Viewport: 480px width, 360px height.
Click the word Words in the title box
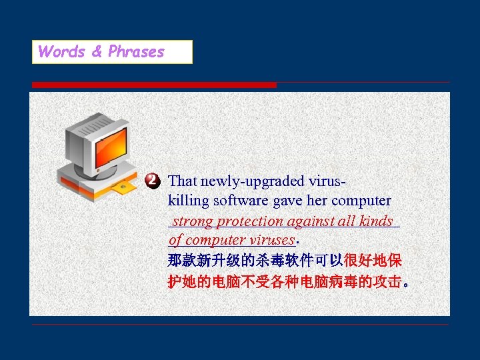[x=61, y=52]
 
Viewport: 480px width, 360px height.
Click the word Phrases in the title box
[x=136, y=52]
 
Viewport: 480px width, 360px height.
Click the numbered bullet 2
[x=153, y=181]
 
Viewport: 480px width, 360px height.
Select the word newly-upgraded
[x=254, y=181]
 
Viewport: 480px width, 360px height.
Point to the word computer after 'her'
[x=361, y=201]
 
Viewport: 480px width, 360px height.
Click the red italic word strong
[x=193, y=221]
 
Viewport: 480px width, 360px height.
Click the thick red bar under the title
[x=154, y=85]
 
